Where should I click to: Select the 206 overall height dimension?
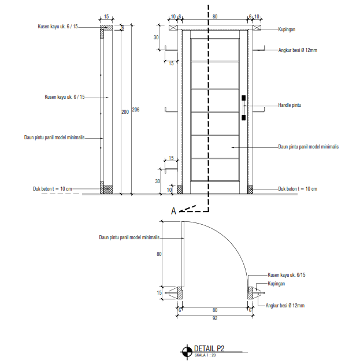[135, 109]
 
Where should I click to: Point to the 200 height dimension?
[124, 112]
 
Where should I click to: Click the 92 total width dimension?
[214, 317]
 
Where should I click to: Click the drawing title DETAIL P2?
[209, 348]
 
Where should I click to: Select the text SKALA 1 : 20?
[205, 355]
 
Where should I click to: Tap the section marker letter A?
[173, 211]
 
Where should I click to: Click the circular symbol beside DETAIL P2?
[187, 351]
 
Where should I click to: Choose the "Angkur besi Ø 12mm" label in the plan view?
[284, 305]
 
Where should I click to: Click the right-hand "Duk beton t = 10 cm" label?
[298, 189]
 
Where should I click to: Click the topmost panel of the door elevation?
[214, 50]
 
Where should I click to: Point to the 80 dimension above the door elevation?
[214, 17]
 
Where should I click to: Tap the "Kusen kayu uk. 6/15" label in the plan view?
[286, 276]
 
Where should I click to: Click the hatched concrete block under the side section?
[106, 189]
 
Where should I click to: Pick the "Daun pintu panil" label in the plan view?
[129, 237]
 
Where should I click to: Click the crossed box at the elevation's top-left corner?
[173, 27]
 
